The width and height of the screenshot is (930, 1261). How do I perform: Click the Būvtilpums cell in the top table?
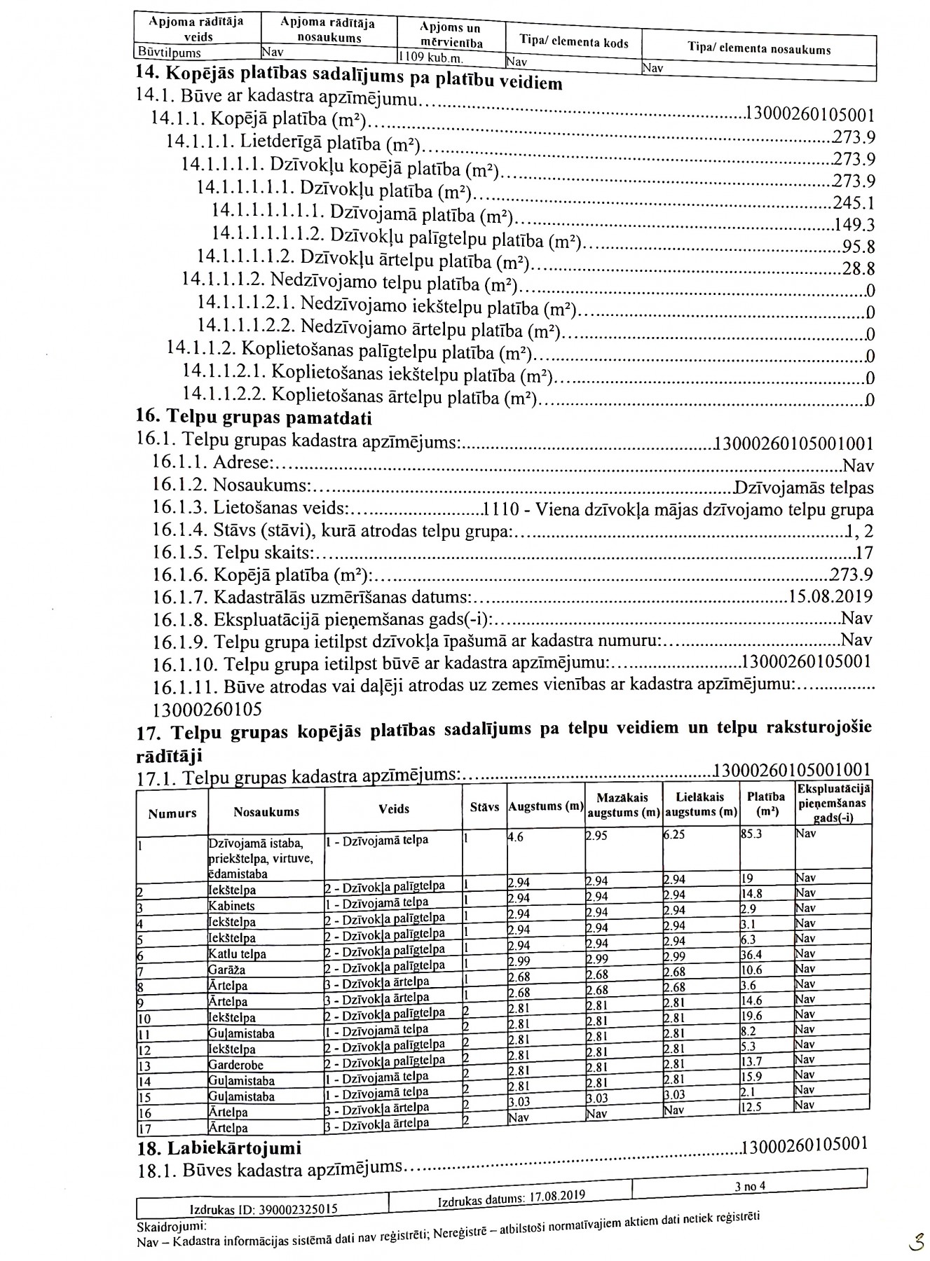pyautogui.click(x=169, y=53)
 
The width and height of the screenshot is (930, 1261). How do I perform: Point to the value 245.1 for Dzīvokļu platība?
pyautogui.click(x=854, y=203)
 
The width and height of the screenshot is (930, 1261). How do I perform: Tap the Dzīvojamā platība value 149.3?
pyautogui.click(x=854, y=225)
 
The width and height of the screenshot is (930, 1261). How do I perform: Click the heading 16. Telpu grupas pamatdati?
pyautogui.click(x=254, y=418)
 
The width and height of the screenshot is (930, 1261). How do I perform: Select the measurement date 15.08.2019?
pyautogui.click(x=830, y=597)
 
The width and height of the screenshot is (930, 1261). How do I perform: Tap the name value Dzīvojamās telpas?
pyautogui.click(x=803, y=488)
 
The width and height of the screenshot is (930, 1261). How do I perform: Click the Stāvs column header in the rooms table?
pyautogui.click(x=484, y=807)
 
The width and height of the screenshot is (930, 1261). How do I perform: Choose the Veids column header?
pyautogui.click(x=393, y=808)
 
